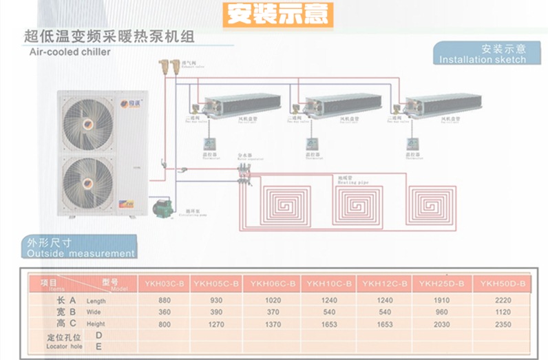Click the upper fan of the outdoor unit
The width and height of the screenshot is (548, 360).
coord(87,122)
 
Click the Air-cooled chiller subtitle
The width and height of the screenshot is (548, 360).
coord(69,51)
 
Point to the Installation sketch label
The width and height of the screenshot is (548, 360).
coord(483,54)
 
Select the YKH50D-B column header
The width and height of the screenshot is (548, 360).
coord(503,284)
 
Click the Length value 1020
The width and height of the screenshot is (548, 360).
coord(273,300)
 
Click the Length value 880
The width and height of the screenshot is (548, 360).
coord(164,300)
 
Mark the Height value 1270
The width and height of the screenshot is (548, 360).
coord(216,324)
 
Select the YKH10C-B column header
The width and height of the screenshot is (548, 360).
coord(329,284)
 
